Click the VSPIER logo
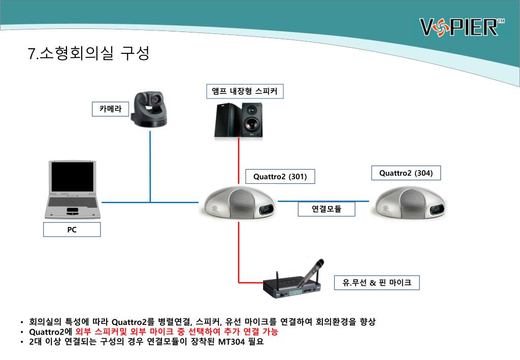[x=462, y=27]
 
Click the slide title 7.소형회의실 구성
[x=89, y=53]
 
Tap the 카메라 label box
[x=110, y=109]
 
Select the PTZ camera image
[x=149, y=109]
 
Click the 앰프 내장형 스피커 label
[x=245, y=91]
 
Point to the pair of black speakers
[x=239, y=120]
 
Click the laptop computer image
[x=72, y=189]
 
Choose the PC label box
[x=72, y=230]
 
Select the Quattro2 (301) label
[x=280, y=176]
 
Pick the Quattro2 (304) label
[x=406, y=173]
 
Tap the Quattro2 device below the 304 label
[x=409, y=203]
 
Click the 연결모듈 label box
[x=327, y=209]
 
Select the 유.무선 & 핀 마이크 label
[x=377, y=282]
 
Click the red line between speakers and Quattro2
[x=239, y=160]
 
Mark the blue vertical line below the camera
[x=150, y=167]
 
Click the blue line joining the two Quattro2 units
[x=323, y=201]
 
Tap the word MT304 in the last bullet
[x=232, y=342]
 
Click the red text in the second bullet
[x=177, y=332]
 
